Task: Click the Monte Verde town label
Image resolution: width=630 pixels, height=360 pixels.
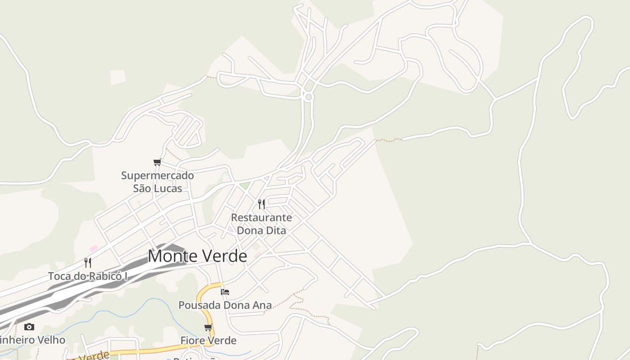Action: click(198, 256)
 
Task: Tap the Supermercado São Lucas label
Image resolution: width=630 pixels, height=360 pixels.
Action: click(157, 182)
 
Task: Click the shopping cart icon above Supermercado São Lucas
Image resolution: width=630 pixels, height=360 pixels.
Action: click(157, 162)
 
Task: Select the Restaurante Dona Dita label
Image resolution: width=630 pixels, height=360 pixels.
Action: click(261, 224)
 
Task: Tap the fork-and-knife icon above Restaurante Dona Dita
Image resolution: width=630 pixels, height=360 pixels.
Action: click(261, 204)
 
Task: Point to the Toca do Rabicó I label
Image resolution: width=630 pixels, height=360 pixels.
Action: click(88, 276)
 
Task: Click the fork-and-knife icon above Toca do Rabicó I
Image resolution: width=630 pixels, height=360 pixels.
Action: click(88, 263)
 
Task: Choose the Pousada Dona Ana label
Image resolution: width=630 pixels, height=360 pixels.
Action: click(225, 305)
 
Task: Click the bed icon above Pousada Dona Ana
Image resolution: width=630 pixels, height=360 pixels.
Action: click(225, 292)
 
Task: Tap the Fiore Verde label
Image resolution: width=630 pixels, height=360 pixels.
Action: click(208, 341)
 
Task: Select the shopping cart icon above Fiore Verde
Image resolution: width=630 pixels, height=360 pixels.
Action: click(208, 327)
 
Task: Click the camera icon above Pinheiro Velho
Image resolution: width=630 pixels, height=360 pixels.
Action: click(29, 327)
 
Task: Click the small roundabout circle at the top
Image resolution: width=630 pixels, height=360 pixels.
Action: click(308, 97)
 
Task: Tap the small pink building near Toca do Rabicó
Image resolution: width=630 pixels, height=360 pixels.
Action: click(94, 248)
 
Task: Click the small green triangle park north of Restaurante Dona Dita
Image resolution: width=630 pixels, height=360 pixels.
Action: click(244, 185)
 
